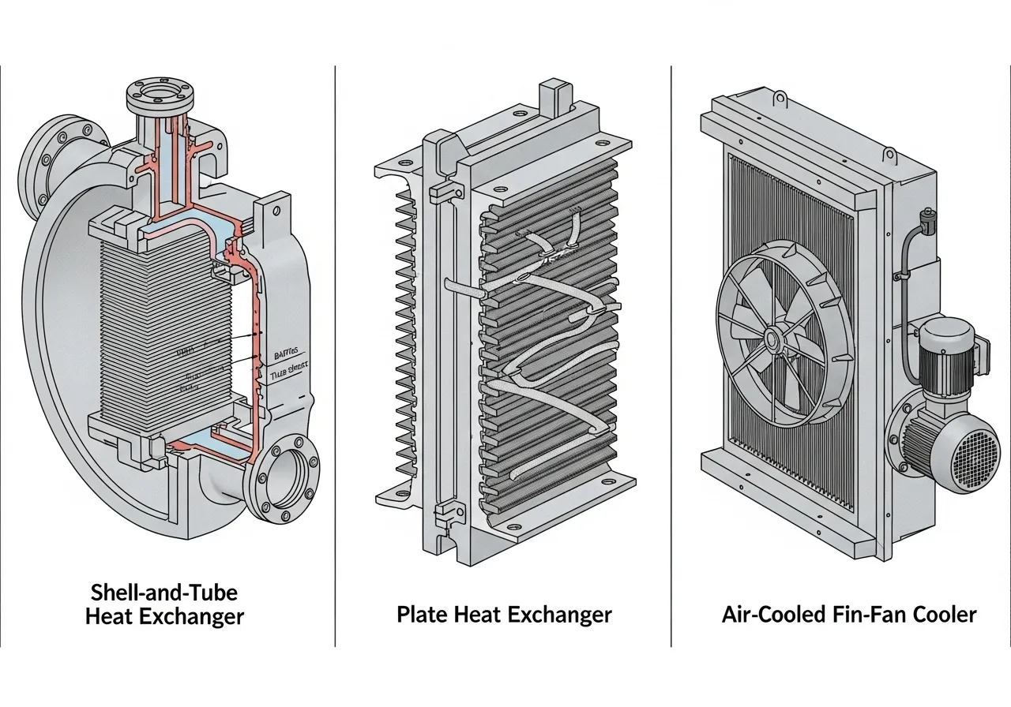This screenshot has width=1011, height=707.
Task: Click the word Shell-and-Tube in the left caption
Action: (x=164, y=592)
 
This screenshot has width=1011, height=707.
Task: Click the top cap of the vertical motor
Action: (x=945, y=330)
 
